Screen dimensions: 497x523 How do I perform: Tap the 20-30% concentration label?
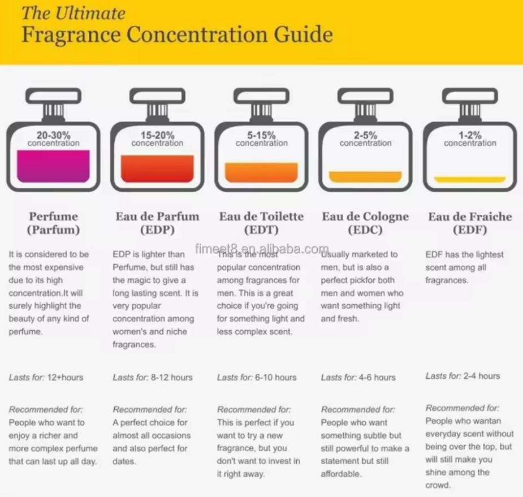click(54, 139)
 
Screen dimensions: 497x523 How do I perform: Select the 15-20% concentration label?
click(158, 139)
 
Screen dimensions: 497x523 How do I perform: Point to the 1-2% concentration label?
click(470, 139)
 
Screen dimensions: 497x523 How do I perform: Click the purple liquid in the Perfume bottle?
click(54, 167)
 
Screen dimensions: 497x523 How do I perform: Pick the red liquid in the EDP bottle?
click(158, 169)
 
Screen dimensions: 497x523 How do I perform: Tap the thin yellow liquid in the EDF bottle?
click(470, 180)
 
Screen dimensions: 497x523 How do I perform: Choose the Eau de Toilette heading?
click(261, 217)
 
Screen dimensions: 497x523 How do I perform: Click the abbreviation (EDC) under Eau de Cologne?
click(365, 230)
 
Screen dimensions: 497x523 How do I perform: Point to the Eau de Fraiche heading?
click(470, 217)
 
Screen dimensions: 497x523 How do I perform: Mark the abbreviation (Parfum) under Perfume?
click(53, 230)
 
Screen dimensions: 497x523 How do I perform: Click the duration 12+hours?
click(65, 377)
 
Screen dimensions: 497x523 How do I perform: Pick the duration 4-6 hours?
click(377, 377)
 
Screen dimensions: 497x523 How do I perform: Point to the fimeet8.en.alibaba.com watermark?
click(262, 249)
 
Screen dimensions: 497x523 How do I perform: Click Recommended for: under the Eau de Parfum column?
click(150, 409)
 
